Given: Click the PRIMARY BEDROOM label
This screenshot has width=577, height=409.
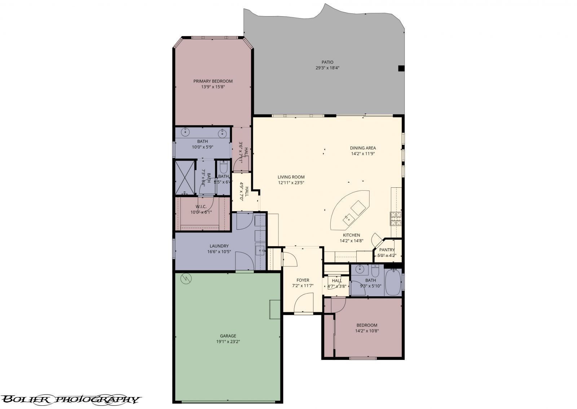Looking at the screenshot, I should click(213, 81).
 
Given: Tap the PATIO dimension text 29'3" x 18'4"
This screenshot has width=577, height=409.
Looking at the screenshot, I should click(327, 68).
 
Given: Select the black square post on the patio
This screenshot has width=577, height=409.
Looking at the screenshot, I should click(401, 68).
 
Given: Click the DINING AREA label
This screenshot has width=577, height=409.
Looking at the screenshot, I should click(363, 148).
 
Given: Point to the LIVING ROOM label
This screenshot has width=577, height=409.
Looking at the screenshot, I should click(291, 177).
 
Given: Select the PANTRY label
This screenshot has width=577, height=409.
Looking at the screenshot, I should click(387, 250).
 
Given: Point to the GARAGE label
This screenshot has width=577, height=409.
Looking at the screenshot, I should click(226, 336).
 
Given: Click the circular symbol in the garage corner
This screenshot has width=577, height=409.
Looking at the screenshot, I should click(186, 278).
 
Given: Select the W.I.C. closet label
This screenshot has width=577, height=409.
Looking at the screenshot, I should click(201, 206).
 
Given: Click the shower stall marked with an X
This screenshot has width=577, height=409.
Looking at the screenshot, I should click(184, 177).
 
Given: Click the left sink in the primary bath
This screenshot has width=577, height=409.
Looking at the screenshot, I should click(186, 132).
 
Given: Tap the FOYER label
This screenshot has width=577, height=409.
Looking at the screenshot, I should click(303, 280).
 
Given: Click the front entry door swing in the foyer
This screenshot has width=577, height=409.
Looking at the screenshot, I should click(304, 303).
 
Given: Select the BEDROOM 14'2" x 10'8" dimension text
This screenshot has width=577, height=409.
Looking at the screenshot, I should click(367, 330).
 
